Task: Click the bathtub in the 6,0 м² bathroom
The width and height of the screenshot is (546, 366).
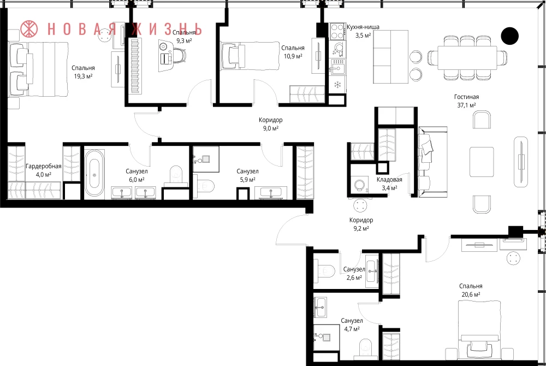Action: (x=94, y=173)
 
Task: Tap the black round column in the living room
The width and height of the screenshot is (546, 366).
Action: (x=510, y=36)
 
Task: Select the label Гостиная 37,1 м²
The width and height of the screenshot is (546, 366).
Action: (x=467, y=101)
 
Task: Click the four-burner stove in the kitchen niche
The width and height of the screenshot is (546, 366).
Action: (x=337, y=31)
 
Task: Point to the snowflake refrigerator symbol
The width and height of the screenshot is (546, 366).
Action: (x=337, y=84)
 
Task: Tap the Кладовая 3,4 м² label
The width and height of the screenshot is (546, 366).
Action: (x=389, y=184)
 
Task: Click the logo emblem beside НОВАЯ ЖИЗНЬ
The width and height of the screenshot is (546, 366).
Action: (x=29, y=28)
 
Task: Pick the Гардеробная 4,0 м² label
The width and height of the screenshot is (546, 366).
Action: (x=44, y=170)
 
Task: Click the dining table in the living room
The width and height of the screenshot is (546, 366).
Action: (x=467, y=58)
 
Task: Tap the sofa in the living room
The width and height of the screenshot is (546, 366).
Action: (x=432, y=162)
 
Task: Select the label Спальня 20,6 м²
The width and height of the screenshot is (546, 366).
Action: (x=471, y=290)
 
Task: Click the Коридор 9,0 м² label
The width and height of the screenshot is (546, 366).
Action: (x=271, y=124)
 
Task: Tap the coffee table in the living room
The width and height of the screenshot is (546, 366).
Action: (x=482, y=162)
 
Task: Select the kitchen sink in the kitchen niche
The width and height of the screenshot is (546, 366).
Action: (x=337, y=67)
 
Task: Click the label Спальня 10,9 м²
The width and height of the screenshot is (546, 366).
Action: (x=293, y=52)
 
